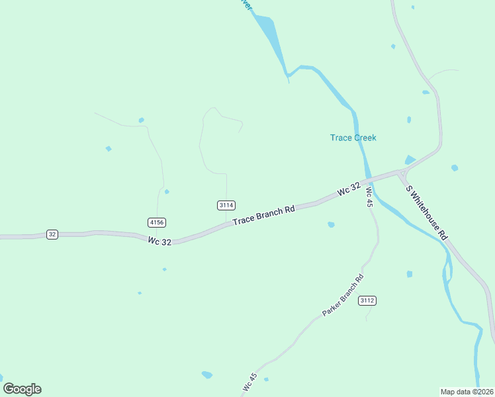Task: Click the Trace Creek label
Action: point(353,138)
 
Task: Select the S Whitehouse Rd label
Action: point(427,212)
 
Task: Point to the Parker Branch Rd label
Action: point(343,294)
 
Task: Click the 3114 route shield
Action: point(226,206)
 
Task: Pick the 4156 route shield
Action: point(156,222)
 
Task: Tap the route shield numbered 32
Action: point(52,234)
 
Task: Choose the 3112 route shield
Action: point(367,300)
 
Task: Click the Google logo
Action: point(22,389)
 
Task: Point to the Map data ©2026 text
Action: point(466,392)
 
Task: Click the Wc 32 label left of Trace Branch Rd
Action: point(159,242)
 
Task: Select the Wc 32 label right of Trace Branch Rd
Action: point(349,189)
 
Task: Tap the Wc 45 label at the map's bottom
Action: point(249,382)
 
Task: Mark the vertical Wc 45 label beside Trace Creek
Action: point(369,198)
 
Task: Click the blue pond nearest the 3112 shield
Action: point(410,274)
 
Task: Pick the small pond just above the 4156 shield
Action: point(167,192)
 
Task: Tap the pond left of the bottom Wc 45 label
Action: point(207,375)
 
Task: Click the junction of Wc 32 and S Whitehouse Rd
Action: point(401,173)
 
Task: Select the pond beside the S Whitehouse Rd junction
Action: point(410,159)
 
